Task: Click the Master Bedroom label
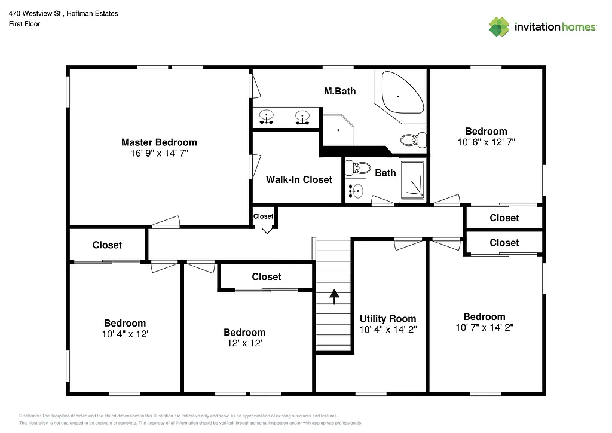coord(159,142)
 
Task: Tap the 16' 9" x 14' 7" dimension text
coord(159,154)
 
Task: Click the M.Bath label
coord(339,91)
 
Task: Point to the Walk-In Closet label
coord(299,179)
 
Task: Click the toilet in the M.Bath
coord(412,140)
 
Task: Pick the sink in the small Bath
coord(357,191)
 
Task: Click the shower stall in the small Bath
coord(412,180)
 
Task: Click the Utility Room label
coord(388,319)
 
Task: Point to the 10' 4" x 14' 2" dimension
coord(388,330)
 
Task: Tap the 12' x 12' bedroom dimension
coord(244,343)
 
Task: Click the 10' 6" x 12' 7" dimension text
coord(486,142)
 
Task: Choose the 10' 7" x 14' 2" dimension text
coord(484,327)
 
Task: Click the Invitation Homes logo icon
coord(499,27)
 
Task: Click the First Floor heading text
coord(25,24)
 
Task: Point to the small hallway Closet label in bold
coord(263,216)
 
